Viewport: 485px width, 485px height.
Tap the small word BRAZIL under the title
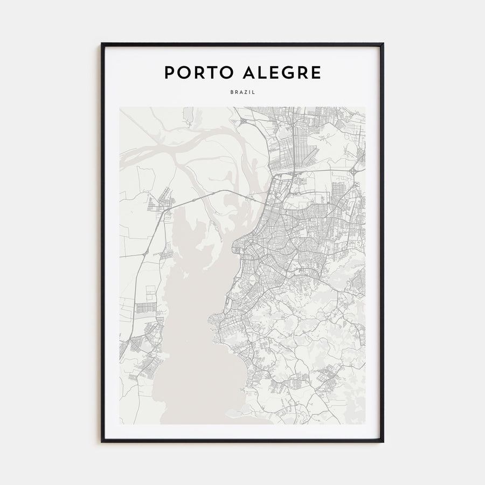pyautogui.click(x=242, y=93)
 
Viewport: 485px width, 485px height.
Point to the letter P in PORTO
pyautogui.click(x=169, y=72)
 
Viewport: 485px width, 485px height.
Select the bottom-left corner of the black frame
pyautogui.click(x=102, y=441)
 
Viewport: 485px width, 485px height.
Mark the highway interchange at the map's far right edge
pyautogui.click(x=354, y=171)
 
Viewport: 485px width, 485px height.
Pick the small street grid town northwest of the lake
pyautogui.click(x=161, y=202)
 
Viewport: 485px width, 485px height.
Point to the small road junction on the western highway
pyautogui.click(x=145, y=253)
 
